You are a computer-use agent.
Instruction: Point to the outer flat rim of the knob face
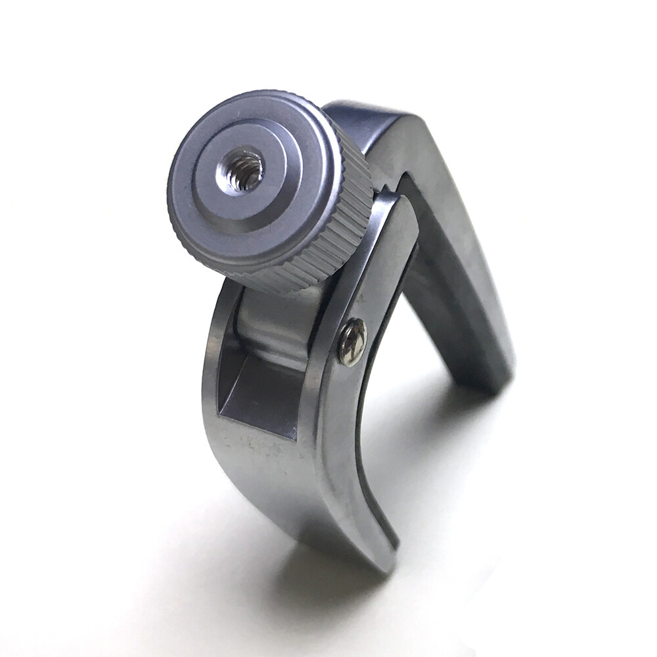[197, 217]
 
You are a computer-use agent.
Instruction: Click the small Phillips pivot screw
[352, 342]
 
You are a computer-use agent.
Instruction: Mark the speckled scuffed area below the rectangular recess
[263, 453]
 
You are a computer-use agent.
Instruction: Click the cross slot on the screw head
[352, 342]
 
